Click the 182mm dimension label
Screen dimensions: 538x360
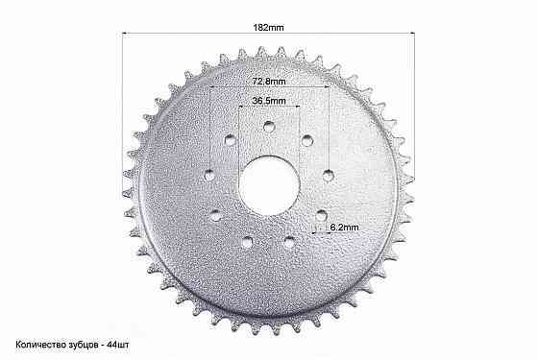268,28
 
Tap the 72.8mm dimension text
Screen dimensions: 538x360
269,82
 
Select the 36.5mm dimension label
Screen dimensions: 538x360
269,101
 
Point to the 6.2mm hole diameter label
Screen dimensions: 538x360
344,227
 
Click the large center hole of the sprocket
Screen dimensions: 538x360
269,186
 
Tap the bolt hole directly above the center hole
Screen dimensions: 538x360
269,127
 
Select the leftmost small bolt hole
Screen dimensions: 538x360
209,176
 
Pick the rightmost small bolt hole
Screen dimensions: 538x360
329,175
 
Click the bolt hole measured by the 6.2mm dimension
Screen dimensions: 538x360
322,216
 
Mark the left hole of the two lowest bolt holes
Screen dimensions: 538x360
247,242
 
